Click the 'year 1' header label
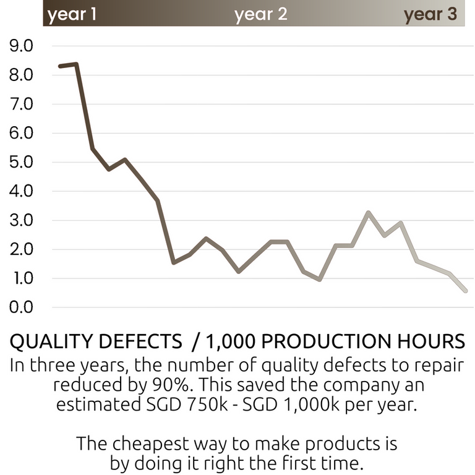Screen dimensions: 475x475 tap(72, 14)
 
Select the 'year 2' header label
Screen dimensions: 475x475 tap(261, 14)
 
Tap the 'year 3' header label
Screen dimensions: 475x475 tap(430, 14)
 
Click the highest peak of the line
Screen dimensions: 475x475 tap(75, 64)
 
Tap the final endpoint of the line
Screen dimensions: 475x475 tap(465, 290)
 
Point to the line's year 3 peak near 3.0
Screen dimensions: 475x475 tap(369, 213)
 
